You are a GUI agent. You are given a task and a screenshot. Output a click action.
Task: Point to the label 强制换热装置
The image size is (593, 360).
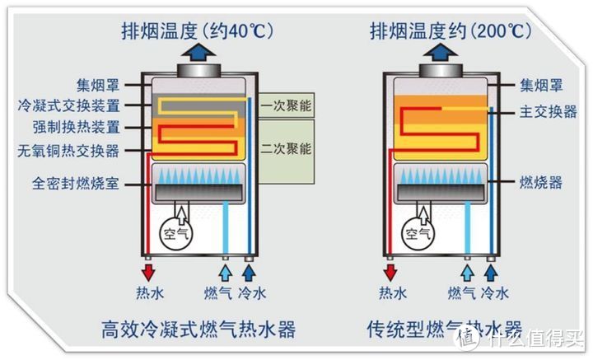pos(76,128)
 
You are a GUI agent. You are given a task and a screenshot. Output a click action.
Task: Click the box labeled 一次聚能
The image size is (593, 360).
pos(286,105)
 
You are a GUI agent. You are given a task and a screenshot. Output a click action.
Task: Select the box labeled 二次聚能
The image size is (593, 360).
pos(286,150)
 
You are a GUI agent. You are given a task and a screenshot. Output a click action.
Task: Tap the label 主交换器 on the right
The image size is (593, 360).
pos(548,111)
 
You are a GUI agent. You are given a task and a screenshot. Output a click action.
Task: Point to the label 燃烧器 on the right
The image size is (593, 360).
pos(541,181)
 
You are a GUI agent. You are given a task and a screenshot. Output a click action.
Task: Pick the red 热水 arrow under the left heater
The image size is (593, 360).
pos(149,271)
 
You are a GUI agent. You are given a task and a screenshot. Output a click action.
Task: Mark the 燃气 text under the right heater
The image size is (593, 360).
pos(461,292)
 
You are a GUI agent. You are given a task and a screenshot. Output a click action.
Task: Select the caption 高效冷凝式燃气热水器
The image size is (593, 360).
pos(198,331)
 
